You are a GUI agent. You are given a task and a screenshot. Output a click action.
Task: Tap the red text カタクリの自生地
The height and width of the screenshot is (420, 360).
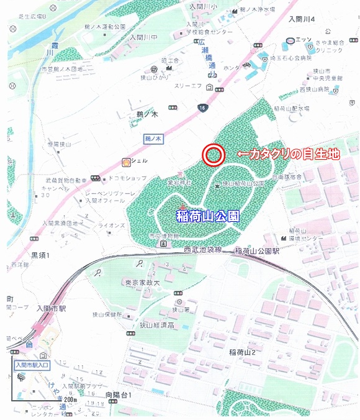click(x=288, y=154)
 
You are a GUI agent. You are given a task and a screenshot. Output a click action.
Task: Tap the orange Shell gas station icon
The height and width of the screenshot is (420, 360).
click(x=127, y=162)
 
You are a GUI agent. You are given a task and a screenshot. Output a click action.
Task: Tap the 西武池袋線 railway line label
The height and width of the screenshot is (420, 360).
click(x=207, y=250)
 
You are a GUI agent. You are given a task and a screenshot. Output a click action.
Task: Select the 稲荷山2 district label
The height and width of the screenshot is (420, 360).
click(x=246, y=353)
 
